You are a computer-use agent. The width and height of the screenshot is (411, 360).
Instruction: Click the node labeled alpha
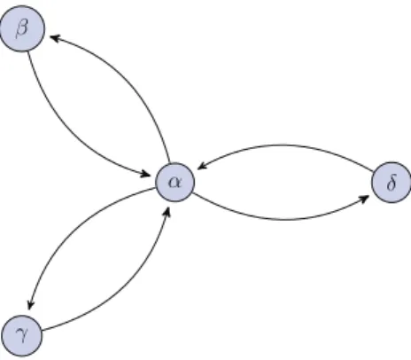point(175,182)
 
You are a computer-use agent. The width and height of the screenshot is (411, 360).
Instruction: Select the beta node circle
point(22,28)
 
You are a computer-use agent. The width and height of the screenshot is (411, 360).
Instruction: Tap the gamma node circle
point(21,335)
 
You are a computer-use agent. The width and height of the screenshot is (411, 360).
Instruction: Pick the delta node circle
point(392,183)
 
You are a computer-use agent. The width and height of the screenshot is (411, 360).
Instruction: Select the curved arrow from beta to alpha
point(69,131)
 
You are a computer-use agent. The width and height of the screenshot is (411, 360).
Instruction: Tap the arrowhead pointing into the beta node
point(55,38)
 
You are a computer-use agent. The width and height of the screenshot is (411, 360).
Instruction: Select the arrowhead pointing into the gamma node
point(30,304)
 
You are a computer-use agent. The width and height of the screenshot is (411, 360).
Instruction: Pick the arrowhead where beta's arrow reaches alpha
point(145,174)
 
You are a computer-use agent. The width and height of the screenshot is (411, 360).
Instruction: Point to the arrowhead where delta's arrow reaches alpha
point(202,166)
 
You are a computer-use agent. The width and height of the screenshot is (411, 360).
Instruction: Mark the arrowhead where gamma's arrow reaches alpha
point(167,212)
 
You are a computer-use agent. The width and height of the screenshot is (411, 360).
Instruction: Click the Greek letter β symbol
point(21,29)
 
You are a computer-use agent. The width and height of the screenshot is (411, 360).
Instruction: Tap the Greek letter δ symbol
point(391,183)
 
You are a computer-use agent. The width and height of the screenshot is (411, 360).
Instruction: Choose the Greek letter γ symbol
point(21,336)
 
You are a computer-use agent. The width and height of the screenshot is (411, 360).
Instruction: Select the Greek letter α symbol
point(174,183)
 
